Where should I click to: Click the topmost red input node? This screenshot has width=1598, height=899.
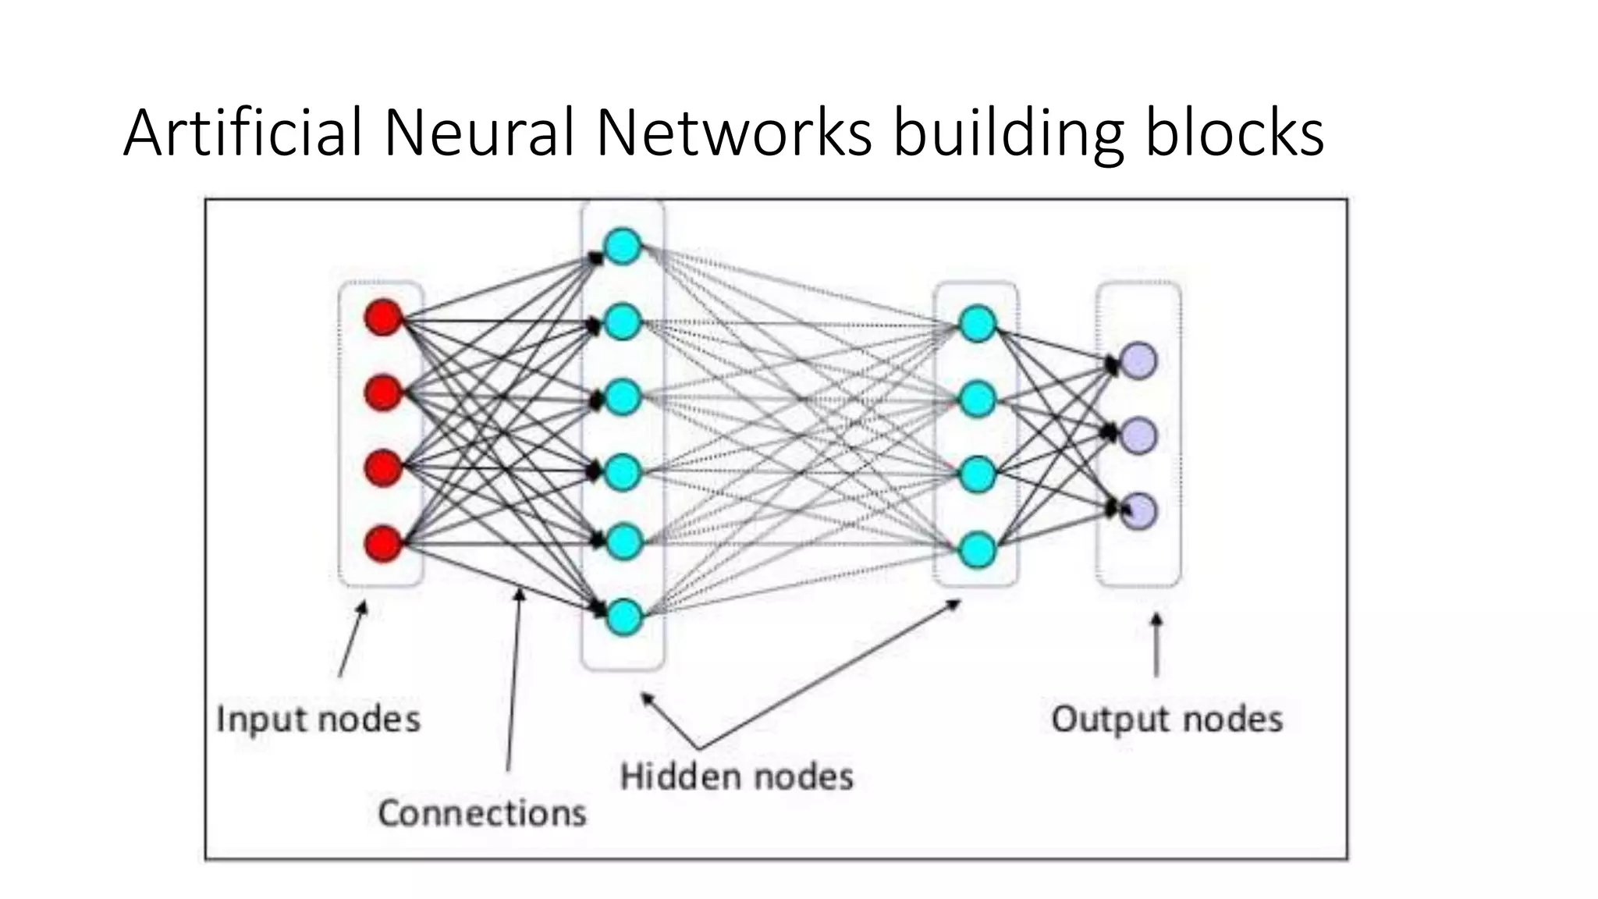383,318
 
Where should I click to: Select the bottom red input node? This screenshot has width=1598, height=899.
383,543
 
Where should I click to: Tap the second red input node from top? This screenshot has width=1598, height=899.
383,393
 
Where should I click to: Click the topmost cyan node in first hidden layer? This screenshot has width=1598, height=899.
623,247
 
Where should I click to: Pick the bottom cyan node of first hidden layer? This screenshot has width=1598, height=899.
623,617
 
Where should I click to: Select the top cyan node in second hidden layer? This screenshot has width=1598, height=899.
977,324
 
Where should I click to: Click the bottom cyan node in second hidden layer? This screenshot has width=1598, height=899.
977,550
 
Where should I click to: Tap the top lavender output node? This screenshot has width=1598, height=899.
1138,361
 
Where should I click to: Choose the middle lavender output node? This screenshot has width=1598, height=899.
1138,435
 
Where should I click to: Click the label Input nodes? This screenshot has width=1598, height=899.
318,719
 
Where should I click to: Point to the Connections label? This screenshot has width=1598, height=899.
482,813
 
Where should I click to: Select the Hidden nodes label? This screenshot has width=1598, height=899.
737,777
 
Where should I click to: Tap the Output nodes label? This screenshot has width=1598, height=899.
1167,719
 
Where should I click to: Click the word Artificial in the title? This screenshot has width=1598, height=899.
243,133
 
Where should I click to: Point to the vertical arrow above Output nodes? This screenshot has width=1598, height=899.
1156,645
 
